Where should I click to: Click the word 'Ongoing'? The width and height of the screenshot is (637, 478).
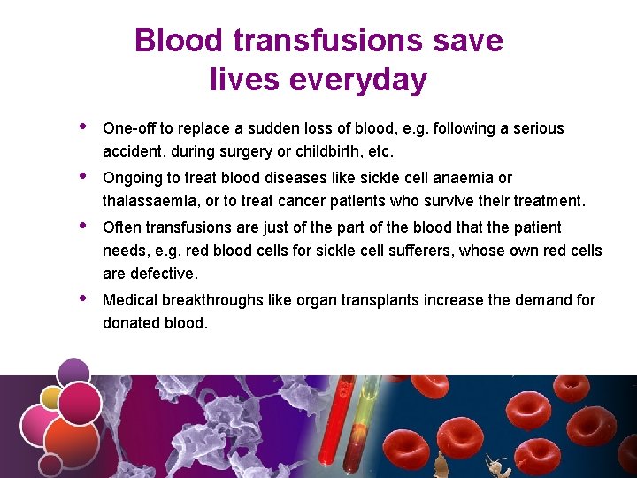[133, 178]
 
